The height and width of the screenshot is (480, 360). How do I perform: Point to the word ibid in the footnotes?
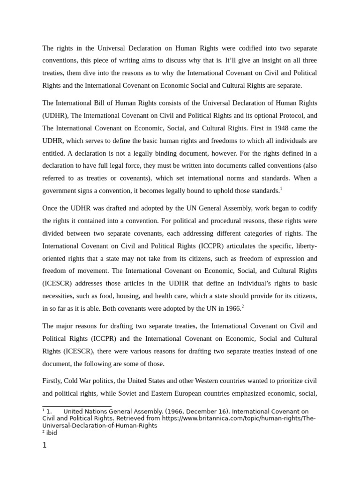click(52, 433)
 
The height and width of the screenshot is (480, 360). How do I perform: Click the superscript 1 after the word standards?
click(281, 188)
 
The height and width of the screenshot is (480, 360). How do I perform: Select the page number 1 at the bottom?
click(45, 446)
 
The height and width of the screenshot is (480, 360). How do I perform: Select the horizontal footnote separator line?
click(77, 406)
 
